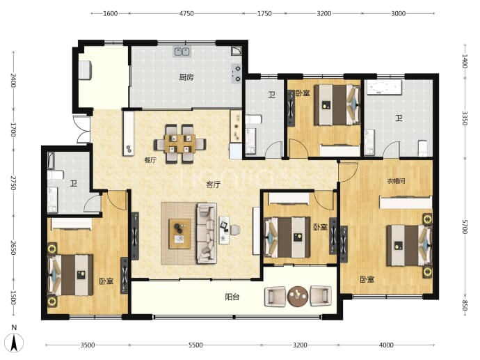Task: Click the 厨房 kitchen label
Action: pyautogui.click(x=186, y=77)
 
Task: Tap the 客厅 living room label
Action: pyautogui.click(x=214, y=185)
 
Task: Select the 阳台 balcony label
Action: pyautogui.click(x=232, y=297)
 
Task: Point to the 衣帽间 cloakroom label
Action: pyautogui.click(x=396, y=181)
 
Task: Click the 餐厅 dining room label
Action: pyautogui.click(x=150, y=160)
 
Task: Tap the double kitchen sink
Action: pyautogui.click(x=182, y=52)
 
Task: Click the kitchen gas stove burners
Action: pyautogui.click(x=237, y=74)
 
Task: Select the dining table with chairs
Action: pyautogui.click(x=179, y=143)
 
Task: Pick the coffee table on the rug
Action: pyautogui.click(x=179, y=233)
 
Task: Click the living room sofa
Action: pyautogui.click(x=207, y=233)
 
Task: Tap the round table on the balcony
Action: pyautogui.click(x=298, y=296)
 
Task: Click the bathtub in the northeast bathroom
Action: pyautogui.click(x=385, y=87)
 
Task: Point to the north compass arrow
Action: pyautogui.click(x=14, y=343)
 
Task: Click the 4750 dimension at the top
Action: pyautogui.click(x=186, y=13)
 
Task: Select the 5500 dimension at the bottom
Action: pyautogui.click(x=195, y=345)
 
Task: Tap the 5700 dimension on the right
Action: pyautogui.click(x=465, y=226)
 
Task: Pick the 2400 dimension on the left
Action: pyautogui.click(x=13, y=80)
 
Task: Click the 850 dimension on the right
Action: pyautogui.click(x=465, y=306)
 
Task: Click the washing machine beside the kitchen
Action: pyautogui.click(x=85, y=70)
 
